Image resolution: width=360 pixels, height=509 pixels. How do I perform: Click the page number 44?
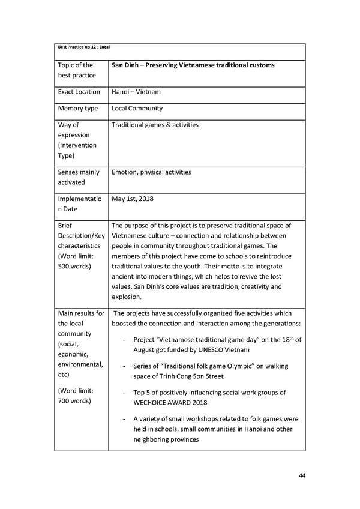click(x=302, y=475)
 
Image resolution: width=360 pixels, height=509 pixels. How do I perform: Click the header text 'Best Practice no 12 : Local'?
click(x=83, y=47)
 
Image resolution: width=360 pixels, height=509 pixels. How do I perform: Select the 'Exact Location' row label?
click(x=79, y=92)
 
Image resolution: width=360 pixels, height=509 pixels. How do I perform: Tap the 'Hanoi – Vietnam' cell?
click(x=136, y=92)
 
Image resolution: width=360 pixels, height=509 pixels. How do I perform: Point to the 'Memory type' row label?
click(x=77, y=109)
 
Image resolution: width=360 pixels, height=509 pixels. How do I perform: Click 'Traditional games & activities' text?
click(x=155, y=125)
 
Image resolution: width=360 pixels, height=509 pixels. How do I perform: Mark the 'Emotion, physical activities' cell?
click(x=151, y=172)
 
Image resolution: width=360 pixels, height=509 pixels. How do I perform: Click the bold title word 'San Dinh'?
click(x=126, y=65)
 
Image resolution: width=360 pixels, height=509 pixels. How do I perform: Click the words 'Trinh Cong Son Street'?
click(x=190, y=376)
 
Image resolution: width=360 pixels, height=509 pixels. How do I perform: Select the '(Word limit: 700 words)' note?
click(x=74, y=396)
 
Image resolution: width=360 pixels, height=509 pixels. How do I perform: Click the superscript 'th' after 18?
click(x=290, y=337)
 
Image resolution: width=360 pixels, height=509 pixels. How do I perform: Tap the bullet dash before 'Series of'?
click(x=123, y=366)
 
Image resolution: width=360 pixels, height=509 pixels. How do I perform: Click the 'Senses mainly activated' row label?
click(x=79, y=177)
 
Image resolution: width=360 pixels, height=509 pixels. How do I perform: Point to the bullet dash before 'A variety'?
click(x=123, y=419)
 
